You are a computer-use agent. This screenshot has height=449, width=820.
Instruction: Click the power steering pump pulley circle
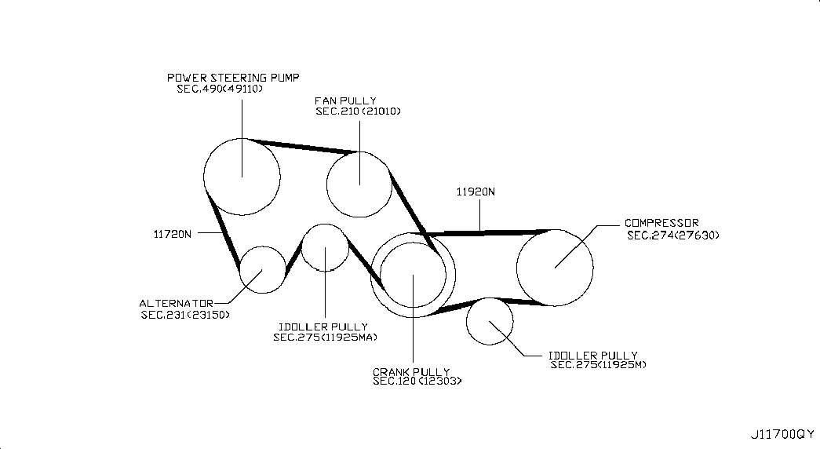click(203, 177)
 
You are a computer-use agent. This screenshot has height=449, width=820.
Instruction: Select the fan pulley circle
click(326, 184)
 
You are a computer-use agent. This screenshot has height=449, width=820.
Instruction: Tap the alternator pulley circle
click(239, 269)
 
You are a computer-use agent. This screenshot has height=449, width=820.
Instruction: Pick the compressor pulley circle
click(516, 268)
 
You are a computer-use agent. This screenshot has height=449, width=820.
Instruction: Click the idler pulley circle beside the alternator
click(302, 247)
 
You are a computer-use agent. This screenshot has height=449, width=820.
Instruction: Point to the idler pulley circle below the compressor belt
click(466, 321)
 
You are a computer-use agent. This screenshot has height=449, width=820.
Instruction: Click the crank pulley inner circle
click(380, 274)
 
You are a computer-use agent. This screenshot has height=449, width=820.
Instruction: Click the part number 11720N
click(173, 234)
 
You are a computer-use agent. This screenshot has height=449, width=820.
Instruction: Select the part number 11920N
click(476, 192)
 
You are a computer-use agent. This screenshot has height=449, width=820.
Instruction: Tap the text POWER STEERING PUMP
click(233, 78)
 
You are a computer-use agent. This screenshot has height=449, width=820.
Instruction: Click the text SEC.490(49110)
click(220, 89)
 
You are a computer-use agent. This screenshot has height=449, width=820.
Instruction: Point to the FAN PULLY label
click(345, 100)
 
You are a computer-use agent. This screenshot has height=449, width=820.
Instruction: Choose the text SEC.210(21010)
click(359, 111)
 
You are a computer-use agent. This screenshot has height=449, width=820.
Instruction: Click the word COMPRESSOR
click(661, 223)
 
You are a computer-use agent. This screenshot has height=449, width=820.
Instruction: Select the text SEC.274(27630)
click(673, 235)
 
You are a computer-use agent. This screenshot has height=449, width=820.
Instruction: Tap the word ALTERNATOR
click(177, 304)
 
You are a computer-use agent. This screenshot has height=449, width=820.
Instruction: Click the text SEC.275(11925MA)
click(325, 338)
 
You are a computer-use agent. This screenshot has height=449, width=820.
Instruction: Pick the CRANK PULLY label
click(411, 372)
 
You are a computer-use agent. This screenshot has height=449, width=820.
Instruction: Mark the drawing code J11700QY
click(782, 434)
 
